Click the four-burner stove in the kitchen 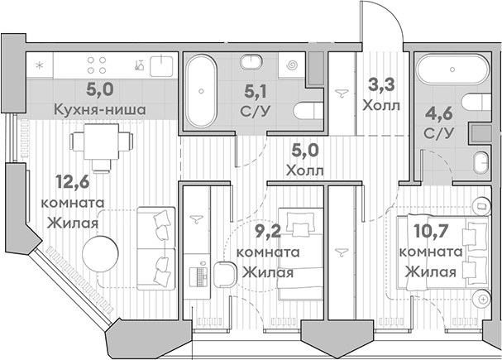97,65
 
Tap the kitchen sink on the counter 161,66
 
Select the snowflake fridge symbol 40,65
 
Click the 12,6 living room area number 72,182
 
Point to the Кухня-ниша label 100,110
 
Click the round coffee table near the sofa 100,254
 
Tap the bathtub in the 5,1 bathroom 201,91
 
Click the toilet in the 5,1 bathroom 308,111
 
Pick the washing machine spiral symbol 292,65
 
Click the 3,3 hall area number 381,85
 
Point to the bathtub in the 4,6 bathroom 452,70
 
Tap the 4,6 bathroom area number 438,113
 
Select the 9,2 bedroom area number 268,232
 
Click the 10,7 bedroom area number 430,232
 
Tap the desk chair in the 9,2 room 224,274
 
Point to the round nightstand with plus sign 482,299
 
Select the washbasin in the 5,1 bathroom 251,61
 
